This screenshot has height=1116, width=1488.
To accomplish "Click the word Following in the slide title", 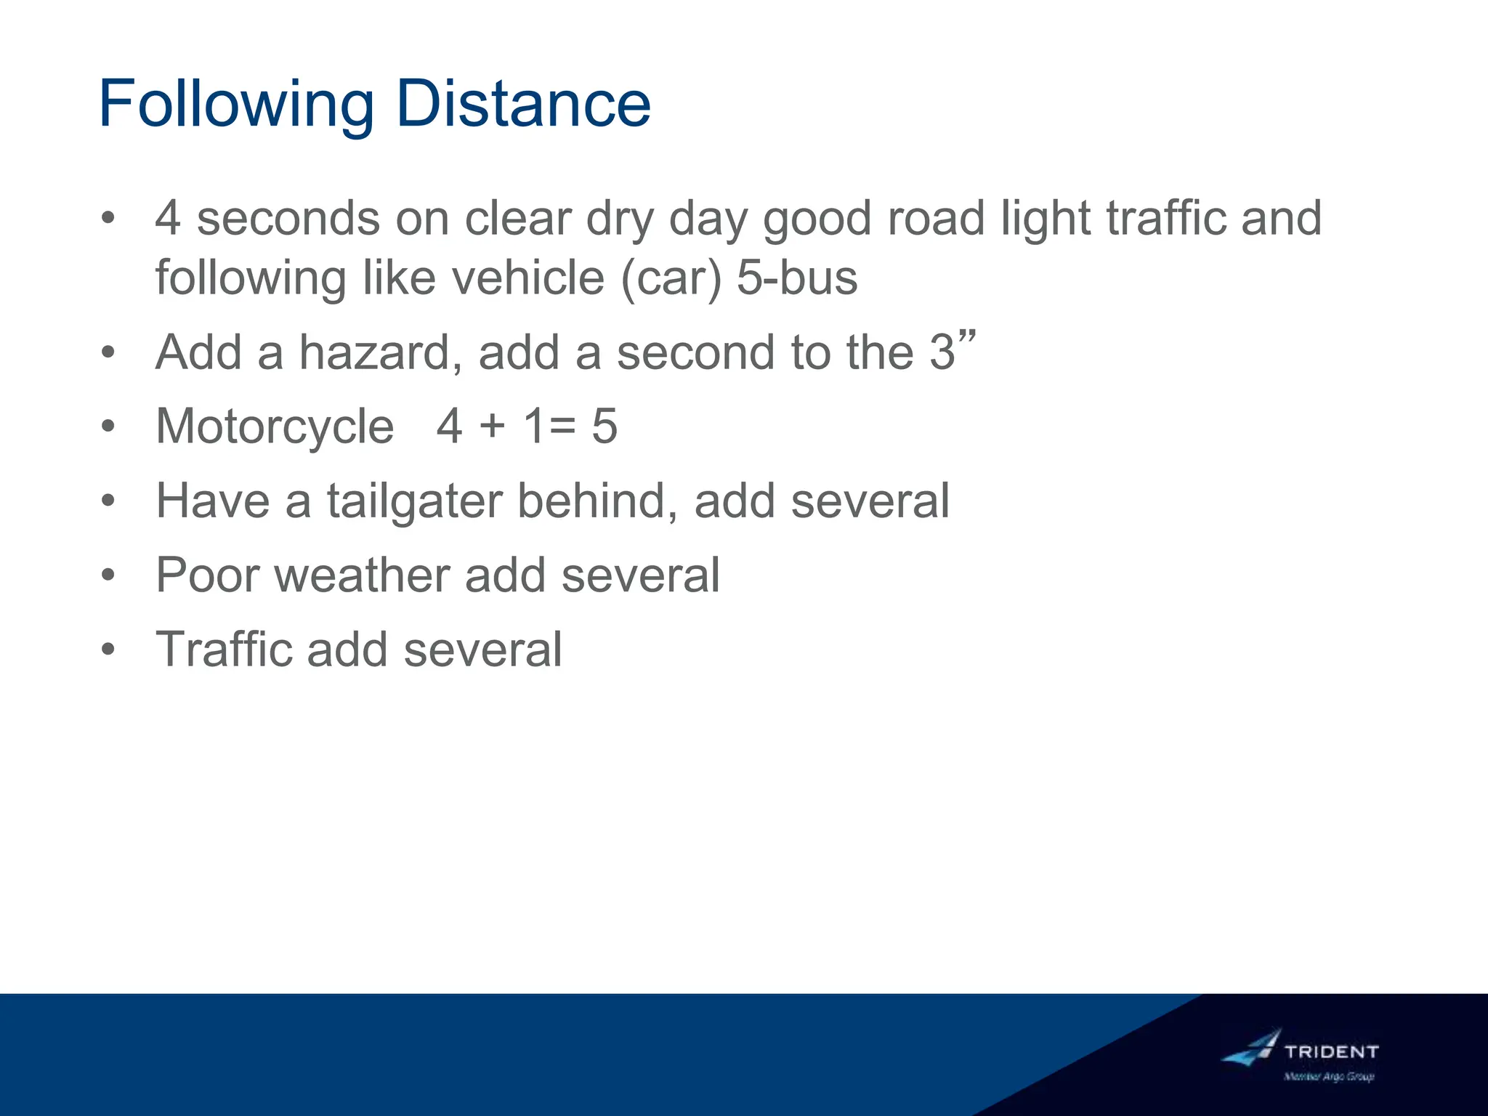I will click(x=236, y=105).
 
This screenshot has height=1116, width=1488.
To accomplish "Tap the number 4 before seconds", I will click(x=168, y=218).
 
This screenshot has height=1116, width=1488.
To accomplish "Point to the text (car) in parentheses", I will click(x=671, y=278).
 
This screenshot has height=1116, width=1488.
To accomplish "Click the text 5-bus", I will click(x=797, y=278).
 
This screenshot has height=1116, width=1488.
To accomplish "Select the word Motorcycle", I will click(x=275, y=426).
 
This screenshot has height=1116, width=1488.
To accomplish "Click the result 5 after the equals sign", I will click(x=604, y=426).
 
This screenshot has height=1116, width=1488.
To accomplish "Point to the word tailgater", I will click(x=414, y=501).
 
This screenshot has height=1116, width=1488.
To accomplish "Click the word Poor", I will click(x=208, y=575).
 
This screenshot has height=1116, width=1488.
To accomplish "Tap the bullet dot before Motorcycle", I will click(x=108, y=426).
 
